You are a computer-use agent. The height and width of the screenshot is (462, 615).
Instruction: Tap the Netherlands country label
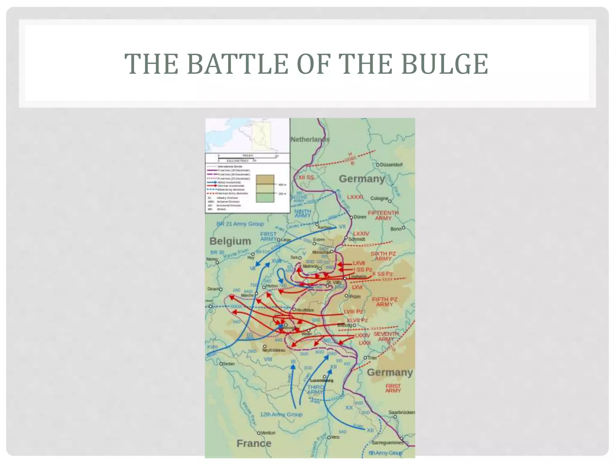click(310, 140)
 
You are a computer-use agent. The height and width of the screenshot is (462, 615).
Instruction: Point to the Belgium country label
click(230, 241)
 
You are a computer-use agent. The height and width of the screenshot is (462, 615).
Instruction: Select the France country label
click(254, 443)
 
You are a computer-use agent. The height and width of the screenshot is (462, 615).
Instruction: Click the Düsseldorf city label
click(391, 165)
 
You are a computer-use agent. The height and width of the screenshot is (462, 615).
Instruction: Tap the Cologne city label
click(379, 199)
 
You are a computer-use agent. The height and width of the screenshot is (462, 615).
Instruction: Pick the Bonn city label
click(396, 229)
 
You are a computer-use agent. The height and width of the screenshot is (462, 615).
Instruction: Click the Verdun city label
click(268, 433)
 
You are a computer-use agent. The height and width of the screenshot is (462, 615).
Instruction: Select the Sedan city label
click(229, 364)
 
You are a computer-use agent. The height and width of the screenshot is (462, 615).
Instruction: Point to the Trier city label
click(372, 358)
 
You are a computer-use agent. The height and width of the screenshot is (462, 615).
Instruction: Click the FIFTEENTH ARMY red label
click(383, 215)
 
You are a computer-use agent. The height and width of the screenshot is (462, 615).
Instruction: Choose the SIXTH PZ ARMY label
click(383, 256)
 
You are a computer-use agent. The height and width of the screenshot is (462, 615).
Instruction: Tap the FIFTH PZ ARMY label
click(384, 302)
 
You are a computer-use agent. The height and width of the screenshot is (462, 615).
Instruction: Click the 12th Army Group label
click(281, 414)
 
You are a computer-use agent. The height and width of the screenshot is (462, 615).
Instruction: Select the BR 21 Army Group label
click(240, 224)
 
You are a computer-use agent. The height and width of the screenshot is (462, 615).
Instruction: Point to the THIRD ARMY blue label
click(315, 390)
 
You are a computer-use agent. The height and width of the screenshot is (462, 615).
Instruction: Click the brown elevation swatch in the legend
click(265, 180)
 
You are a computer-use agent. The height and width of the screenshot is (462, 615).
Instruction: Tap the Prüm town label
click(355, 297)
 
